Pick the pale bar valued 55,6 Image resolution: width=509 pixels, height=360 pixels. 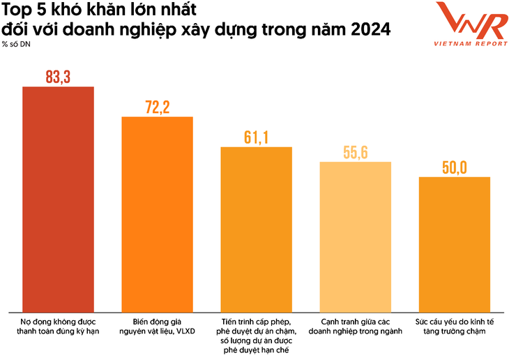pyautogui.click(x=355, y=237)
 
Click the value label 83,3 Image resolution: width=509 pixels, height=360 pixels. pyautogui.click(x=58, y=77)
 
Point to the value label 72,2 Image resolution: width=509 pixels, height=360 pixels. pyautogui.click(x=157, y=107)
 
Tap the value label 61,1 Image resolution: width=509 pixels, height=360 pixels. pyautogui.click(x=256, y=137)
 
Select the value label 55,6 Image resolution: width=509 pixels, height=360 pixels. pyautogui.click(x=355, y=152)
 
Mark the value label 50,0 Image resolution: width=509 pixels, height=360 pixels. pyautogui.click(x=454, y=167)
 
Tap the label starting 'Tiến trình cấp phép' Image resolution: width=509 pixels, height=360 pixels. pyautogui.click(x=256, y=336)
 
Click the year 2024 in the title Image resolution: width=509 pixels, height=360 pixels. pyautogui.click(x=370, y=31)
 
